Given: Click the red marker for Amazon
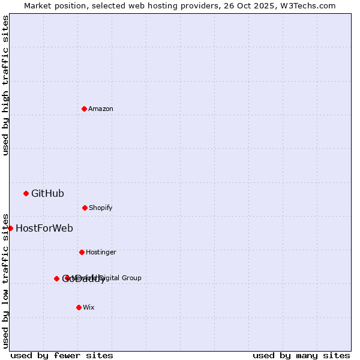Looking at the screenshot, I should tap(84, 109).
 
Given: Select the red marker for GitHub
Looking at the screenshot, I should tap(26, 193).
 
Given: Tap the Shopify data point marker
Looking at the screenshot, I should tap(85, 208).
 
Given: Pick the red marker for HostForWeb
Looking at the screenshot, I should tap(10, 228).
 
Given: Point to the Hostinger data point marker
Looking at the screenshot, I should tap(82, 252).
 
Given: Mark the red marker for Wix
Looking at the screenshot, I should tap(79, 307).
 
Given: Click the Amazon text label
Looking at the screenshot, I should tap(101, 109).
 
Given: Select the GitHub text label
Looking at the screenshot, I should tap(47, 193).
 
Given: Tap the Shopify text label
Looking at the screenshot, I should tap(101, 208).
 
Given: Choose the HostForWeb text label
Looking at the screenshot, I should tap(44, 228).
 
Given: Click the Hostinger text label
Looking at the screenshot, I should tap(101, 252).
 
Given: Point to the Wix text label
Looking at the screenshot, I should tap(89, 307).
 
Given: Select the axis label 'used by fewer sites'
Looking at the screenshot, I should tap(62, 355).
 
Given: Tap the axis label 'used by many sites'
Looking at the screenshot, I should tap(301, 355).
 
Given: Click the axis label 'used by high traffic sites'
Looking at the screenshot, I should tap(5, 85).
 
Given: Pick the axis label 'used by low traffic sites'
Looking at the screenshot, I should tap(5, 280).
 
